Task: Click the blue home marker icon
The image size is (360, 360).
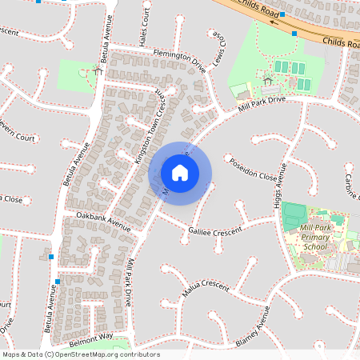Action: pos(180,173)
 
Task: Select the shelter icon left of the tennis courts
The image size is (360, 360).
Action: pos(266,80)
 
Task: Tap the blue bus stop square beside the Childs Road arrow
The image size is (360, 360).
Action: pos(294,34)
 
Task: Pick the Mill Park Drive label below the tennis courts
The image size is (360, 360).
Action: pos(261,105)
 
